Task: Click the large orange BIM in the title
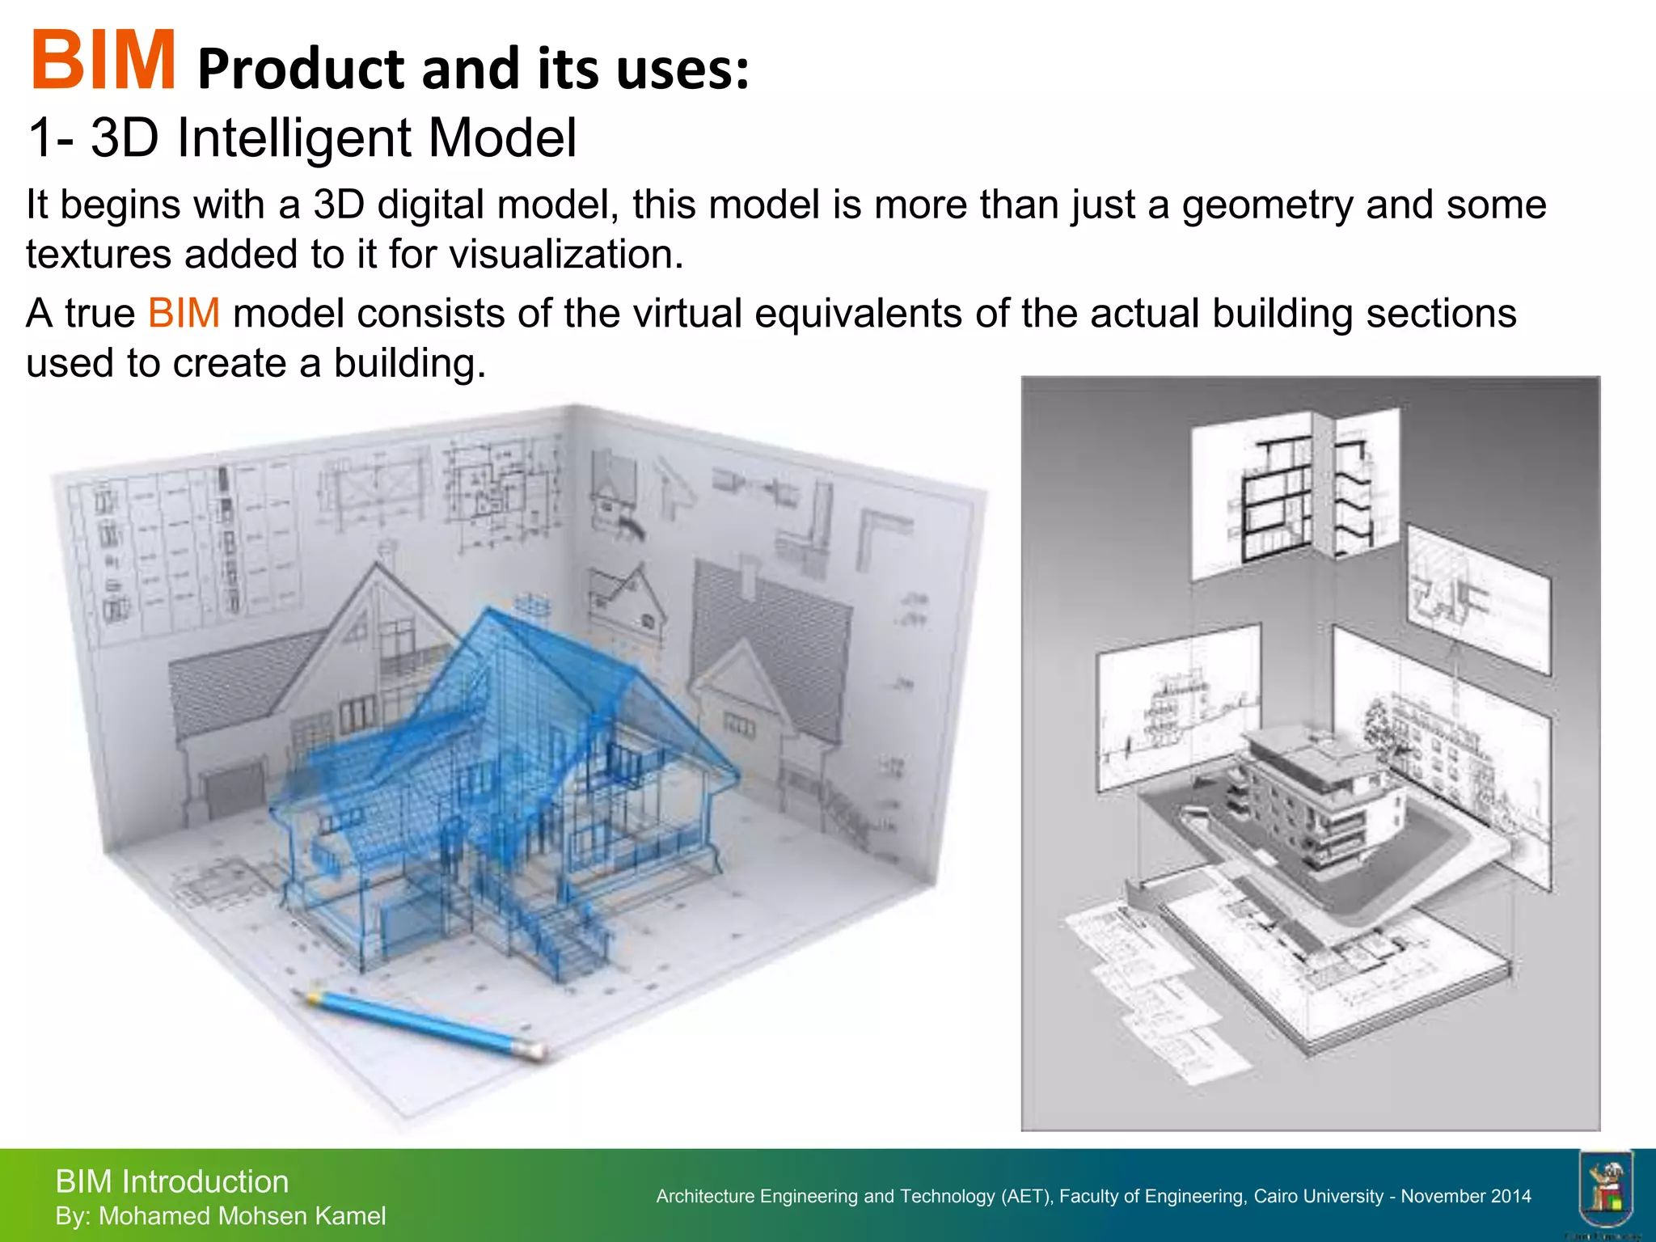click(103, 61)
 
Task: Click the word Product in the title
click(301, 70)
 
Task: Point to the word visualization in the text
click(566, 255)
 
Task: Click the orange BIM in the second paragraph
click(184, 314)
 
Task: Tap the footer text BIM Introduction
click(171, 1182)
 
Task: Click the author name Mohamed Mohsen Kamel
click(242, 1216)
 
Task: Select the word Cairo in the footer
click(1277, 1197)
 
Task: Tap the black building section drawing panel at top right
click(1278, 497)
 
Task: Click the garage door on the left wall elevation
click(234, 788)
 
